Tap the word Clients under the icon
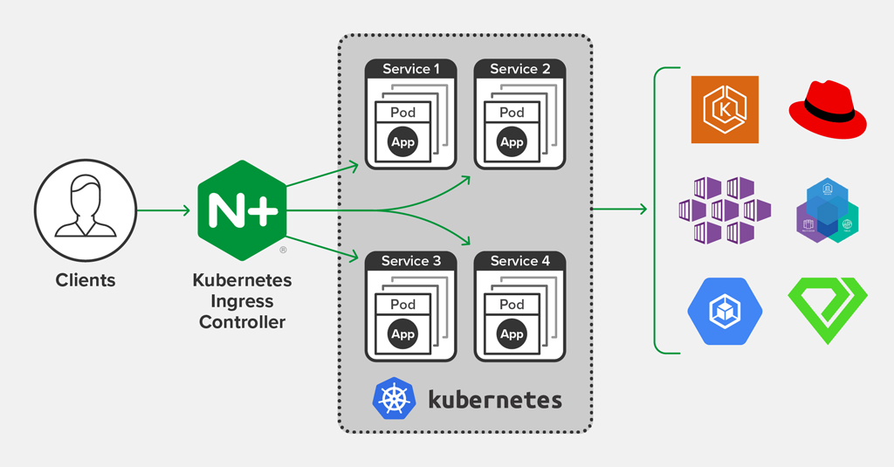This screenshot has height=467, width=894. click(85, 280)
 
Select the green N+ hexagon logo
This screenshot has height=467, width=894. click(242, 210)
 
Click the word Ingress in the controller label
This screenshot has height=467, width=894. click(242, 301)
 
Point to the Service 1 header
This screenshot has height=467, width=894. click(410, 69)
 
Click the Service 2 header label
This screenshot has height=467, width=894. click(519, 69)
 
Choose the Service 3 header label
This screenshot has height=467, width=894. click(410, 261)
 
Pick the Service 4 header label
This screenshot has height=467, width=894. click(519, 261)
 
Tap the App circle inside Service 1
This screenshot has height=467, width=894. click(402, 142)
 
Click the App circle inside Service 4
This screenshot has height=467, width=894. click(512, 334)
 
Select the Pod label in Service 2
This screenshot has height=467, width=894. click(512, 113)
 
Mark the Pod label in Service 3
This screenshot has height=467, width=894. click(402, 305)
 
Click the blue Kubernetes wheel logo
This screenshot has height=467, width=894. click(393, 399)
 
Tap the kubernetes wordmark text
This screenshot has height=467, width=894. click(494, 400)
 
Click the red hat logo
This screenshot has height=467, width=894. click(827, 109)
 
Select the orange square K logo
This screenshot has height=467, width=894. click(725, 109)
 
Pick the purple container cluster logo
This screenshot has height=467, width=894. click(725, 210)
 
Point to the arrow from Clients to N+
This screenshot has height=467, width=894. click(163, 210)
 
